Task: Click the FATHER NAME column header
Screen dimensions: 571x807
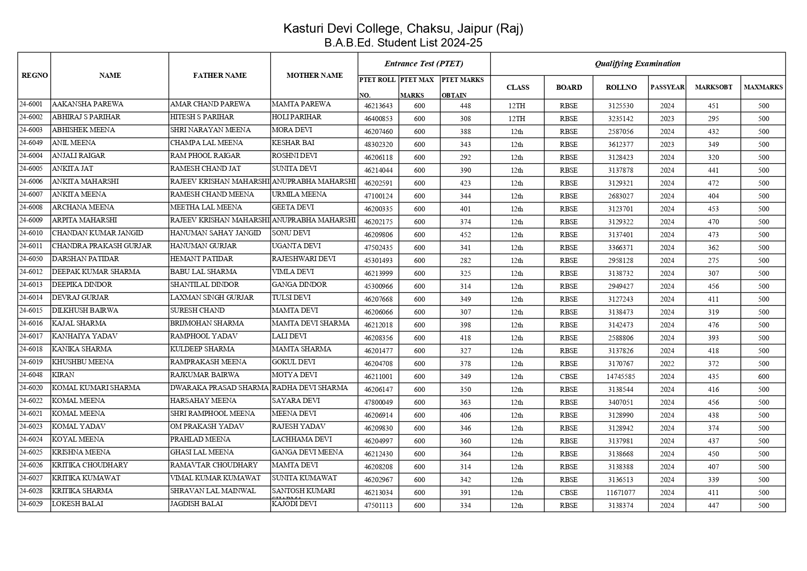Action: pyautogui.click(x=219, y=76)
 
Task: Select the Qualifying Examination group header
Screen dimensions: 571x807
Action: pyautogui.click(x=637, y=64)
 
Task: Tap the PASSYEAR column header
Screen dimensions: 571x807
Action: pyautogui.click(x=667, y=87)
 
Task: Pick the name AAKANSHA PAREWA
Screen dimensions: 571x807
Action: pyautogui.click(x=87, y=104)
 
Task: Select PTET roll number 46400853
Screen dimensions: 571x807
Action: pyautogui.click(x=378, y=119)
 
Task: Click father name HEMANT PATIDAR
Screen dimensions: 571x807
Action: pyautogui.click(x=202, y=259)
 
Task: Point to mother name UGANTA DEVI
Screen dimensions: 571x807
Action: pyautogui.click(x=296, y=246)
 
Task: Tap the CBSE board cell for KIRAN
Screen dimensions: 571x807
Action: pyautogui.click(x=568, y=377)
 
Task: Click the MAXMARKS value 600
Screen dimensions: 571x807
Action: pyautogui.click(x=763, y=377)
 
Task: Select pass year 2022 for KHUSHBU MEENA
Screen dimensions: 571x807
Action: pyautogui.click(x=667, y=364)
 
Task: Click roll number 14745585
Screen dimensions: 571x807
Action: pyautogui.click(x=620, y=377)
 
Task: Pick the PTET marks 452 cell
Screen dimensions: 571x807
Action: pyautogui.click(x=465, y=235)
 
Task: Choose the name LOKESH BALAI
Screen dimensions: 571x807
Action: pyautogui.click(x=77, y=504)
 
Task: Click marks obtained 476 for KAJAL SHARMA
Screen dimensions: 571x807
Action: pyautogui.click(x=713, y=325)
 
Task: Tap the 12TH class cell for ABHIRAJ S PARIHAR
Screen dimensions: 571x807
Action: pyautogui.click(x=517, y=119)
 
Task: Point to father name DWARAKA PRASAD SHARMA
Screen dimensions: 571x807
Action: pyautogui.click(x=219, y=388)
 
